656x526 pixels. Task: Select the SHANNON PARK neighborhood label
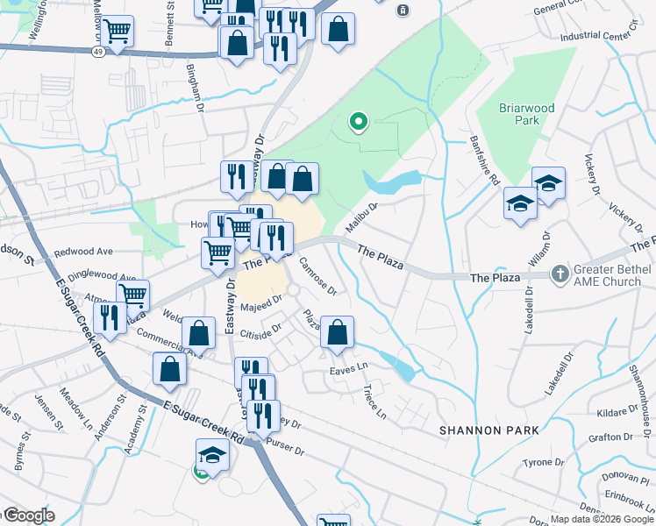click(x=488, y=430)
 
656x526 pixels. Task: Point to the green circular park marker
click(x=358, y=122)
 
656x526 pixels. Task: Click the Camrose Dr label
click(x=317, y=275)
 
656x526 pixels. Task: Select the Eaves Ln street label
click(x=347, y=372)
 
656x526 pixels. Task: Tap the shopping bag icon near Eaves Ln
click(x=337, y=332)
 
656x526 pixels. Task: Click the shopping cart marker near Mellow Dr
click(x=117, y=32)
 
